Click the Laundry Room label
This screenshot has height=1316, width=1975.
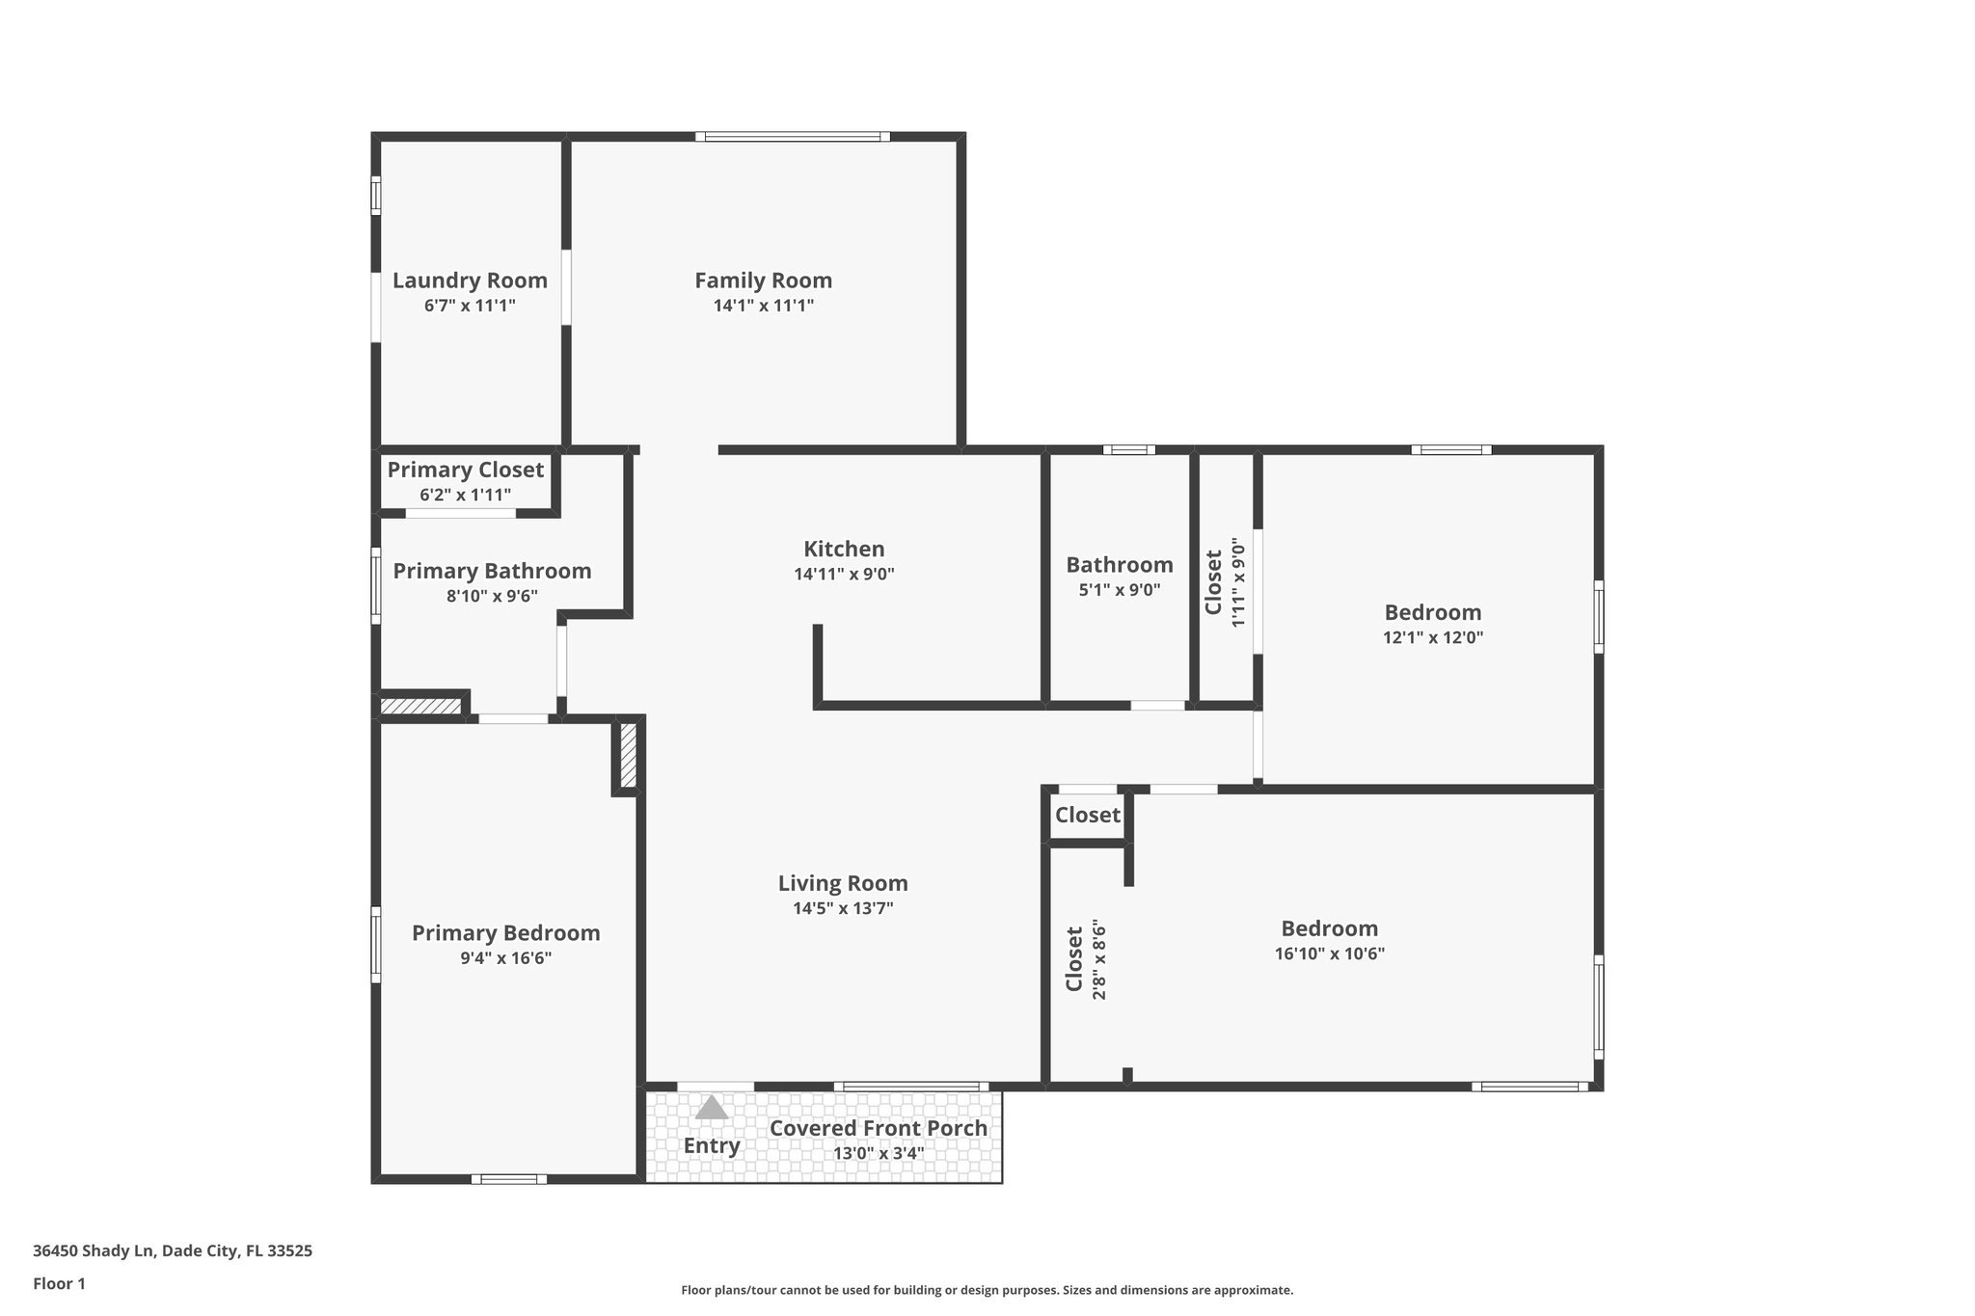(x=470, y=281)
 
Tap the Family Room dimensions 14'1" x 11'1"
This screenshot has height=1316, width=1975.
(x=763, y=306)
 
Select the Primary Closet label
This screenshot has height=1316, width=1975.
(x=466, y=470)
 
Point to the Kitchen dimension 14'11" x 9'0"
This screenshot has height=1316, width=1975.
(x=844, y=574)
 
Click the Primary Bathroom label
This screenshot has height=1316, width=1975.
(x=492, y=571)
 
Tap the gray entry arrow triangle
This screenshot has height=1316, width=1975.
(x=712, y=1108)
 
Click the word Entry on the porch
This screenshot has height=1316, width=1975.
(x=712, y=1145)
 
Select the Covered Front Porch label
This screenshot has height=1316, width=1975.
(x=878, y=1128)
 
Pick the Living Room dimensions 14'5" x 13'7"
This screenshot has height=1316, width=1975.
(x=843, y=908)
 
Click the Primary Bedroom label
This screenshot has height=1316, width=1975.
(x=505, y=933)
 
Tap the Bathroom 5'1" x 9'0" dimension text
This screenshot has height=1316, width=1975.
(x=1119, y=590)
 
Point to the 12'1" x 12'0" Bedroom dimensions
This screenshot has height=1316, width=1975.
(x=1432, y=637)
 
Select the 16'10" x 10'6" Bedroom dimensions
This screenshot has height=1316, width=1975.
(x=1329, y=953)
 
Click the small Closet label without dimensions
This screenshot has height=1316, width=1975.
(x=1087, y=816)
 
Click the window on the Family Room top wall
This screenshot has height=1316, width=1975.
(x=792, y=137)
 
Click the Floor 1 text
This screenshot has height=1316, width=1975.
(x=59, y=1283)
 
